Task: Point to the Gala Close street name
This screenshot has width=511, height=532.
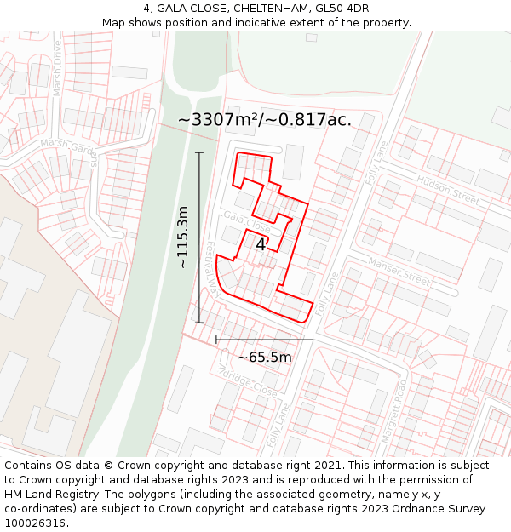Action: [247, 224]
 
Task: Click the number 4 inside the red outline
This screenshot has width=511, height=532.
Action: [261, 244]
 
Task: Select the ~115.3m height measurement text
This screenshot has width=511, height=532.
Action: [182, 237]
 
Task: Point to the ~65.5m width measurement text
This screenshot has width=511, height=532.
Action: [264, 358]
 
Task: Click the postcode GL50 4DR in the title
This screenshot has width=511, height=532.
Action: [342, 9]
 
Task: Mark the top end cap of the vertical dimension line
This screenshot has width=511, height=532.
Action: [199, 152]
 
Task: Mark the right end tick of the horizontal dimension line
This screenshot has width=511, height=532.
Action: [313, 339]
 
